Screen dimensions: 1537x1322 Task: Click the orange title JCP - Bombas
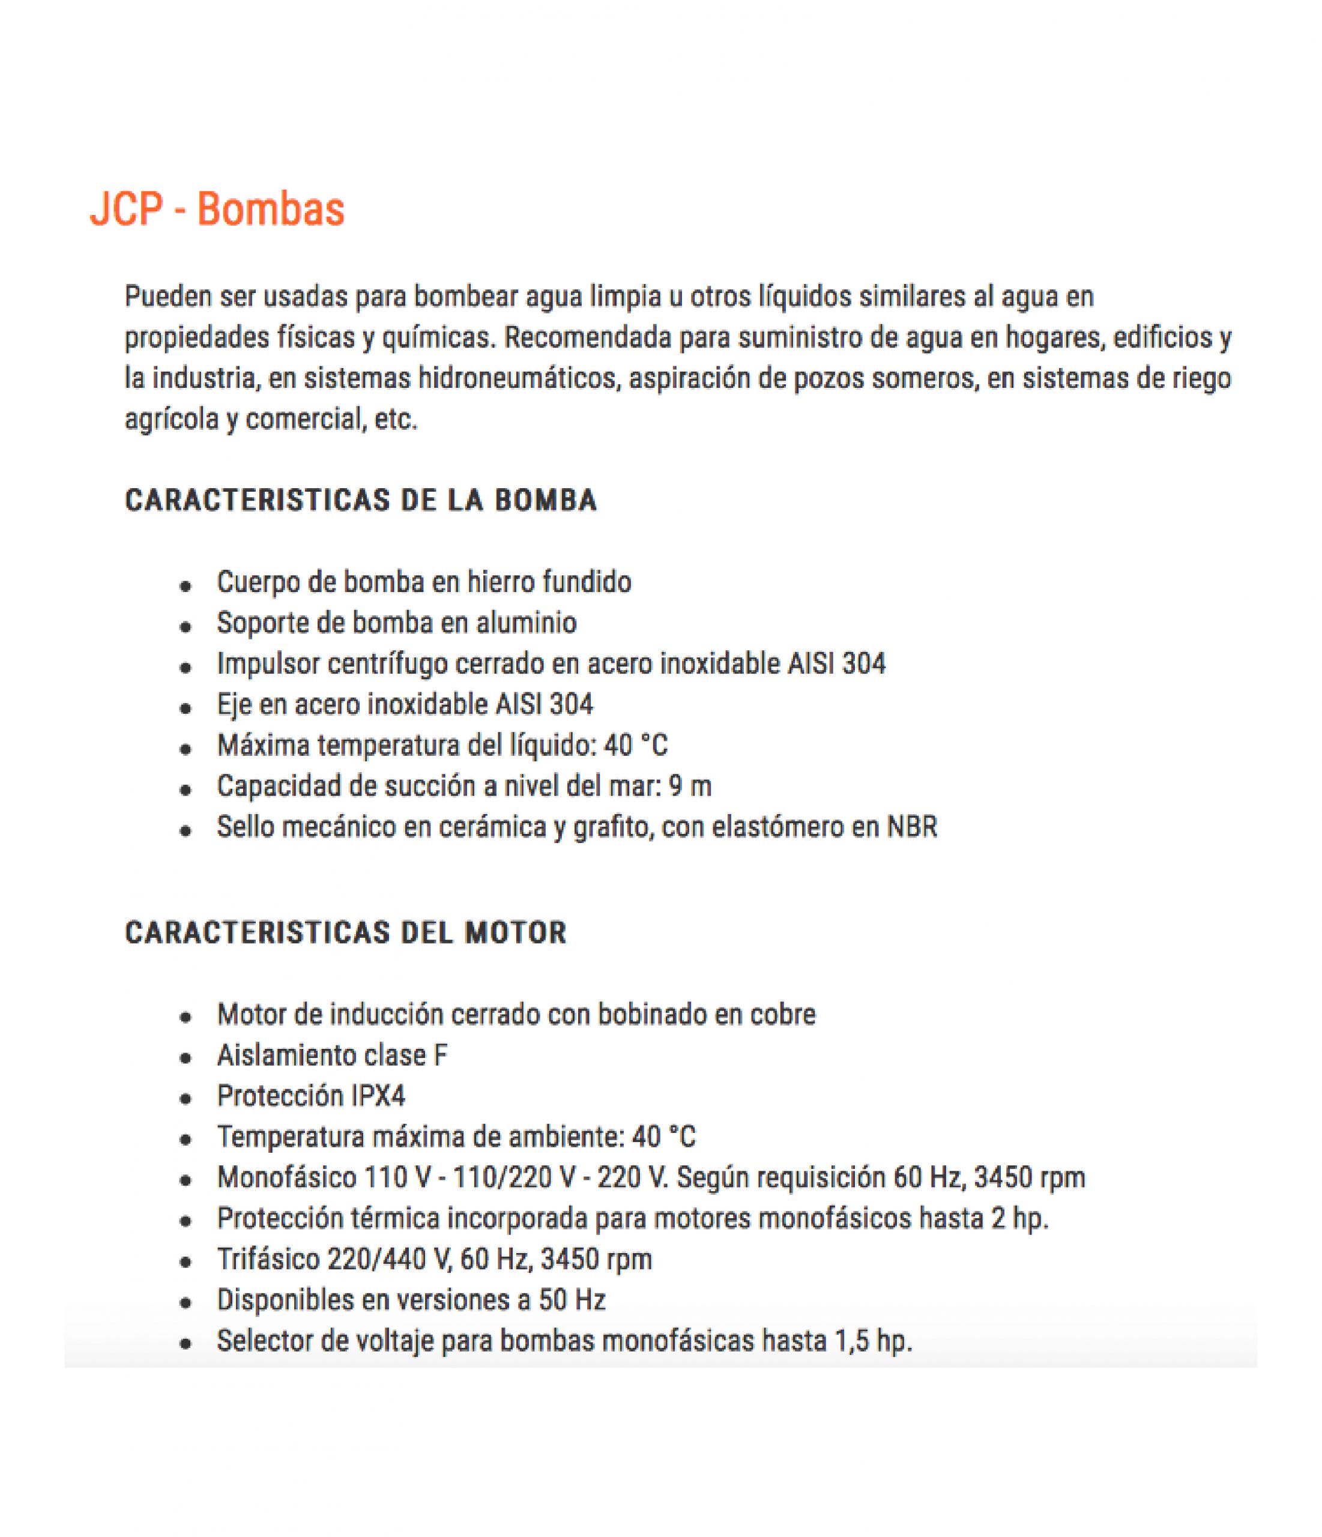coord(217,210)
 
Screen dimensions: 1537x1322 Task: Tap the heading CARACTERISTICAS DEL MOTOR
coord(346,932)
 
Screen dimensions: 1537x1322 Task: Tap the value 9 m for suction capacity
coord(689,787)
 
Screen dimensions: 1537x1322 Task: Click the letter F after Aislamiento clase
coord(441,1055)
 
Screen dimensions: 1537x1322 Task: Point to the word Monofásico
coord(286,1178)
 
